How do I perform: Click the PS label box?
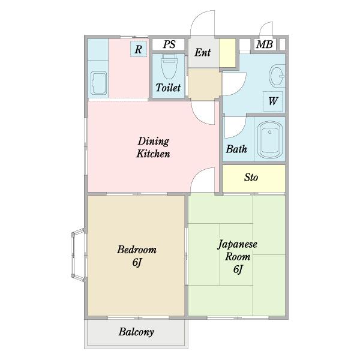click(x=169, y=44)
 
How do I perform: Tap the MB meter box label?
click(x=265, y=44)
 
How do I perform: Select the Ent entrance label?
click(x=203, y=53)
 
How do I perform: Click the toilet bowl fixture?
click(x=169, y=66)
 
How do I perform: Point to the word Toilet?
click(x=168, y=88)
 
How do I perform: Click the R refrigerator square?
click(x=139, y=49)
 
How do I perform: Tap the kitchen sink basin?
click(x=99, y=83)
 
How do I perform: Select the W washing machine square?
click(x=272, y=101)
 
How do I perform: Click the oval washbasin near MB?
click(x=277, y=76)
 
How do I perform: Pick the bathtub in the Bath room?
click(x=269, y=140)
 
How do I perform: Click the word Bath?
click(x=236, y=149)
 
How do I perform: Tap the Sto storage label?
click(x=251, y=178)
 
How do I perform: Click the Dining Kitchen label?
click(x=154, y=148)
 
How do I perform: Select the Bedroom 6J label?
click(x=137, y=256)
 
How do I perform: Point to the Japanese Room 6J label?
click(x=238, y=256)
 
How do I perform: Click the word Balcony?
click(x=136, y=332)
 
